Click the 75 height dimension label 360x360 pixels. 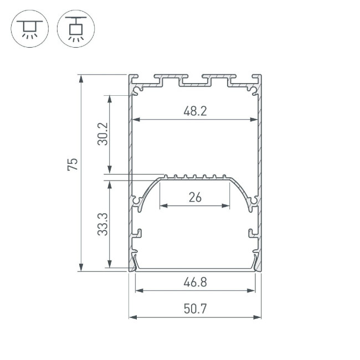73,164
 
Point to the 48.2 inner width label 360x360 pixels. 195,111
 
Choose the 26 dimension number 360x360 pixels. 195,197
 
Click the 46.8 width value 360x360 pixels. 195,282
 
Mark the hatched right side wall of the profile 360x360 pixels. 259,166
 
